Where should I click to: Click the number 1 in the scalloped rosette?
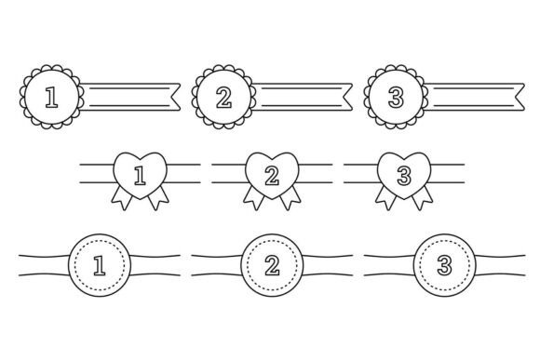pos(51,98)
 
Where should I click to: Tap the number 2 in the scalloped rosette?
pos(223,98)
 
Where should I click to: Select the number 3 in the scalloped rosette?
pos(396,98)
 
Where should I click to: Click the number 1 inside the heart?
pos(140,176)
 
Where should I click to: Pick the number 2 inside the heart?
pos(272,176)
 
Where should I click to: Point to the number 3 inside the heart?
pos(404,176)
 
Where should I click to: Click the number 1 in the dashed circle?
pos(100,265)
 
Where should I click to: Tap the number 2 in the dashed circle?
pos(272,265)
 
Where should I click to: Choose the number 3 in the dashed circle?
pos(445,265)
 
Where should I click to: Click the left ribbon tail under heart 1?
pos(122,198)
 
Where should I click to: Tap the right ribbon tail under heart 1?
pos(158,198)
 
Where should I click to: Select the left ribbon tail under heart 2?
pos(254,198)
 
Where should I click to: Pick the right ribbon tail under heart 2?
pos(290,198)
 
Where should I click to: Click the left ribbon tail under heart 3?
pos(386,198)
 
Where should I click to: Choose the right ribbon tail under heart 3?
pos(423,198)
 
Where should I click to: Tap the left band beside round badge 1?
pos(44,265)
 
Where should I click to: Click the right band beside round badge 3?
pos(500,265)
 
